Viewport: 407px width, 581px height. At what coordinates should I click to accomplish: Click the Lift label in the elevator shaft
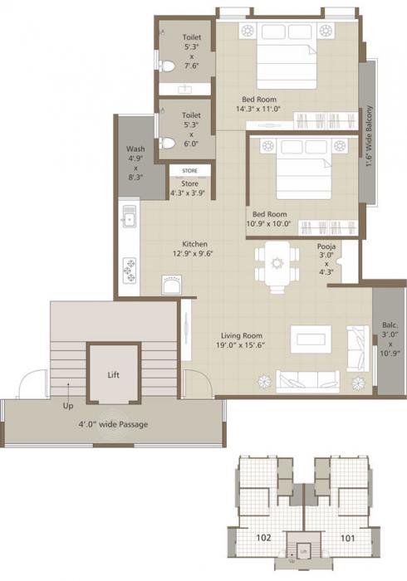[113, 375]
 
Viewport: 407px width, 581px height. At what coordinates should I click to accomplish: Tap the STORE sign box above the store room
[189, 170]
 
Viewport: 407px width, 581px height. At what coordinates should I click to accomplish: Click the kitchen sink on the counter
[129, 220]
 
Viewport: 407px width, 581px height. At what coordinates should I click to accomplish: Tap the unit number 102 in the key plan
[263, 538]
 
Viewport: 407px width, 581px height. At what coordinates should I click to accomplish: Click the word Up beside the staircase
[68, 407]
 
